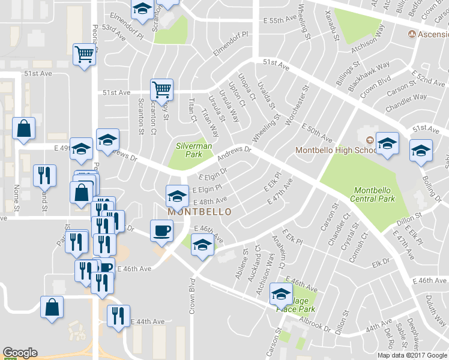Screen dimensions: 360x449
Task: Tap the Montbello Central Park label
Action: tap(375, 194)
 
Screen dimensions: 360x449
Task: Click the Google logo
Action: tap(20, 353)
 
